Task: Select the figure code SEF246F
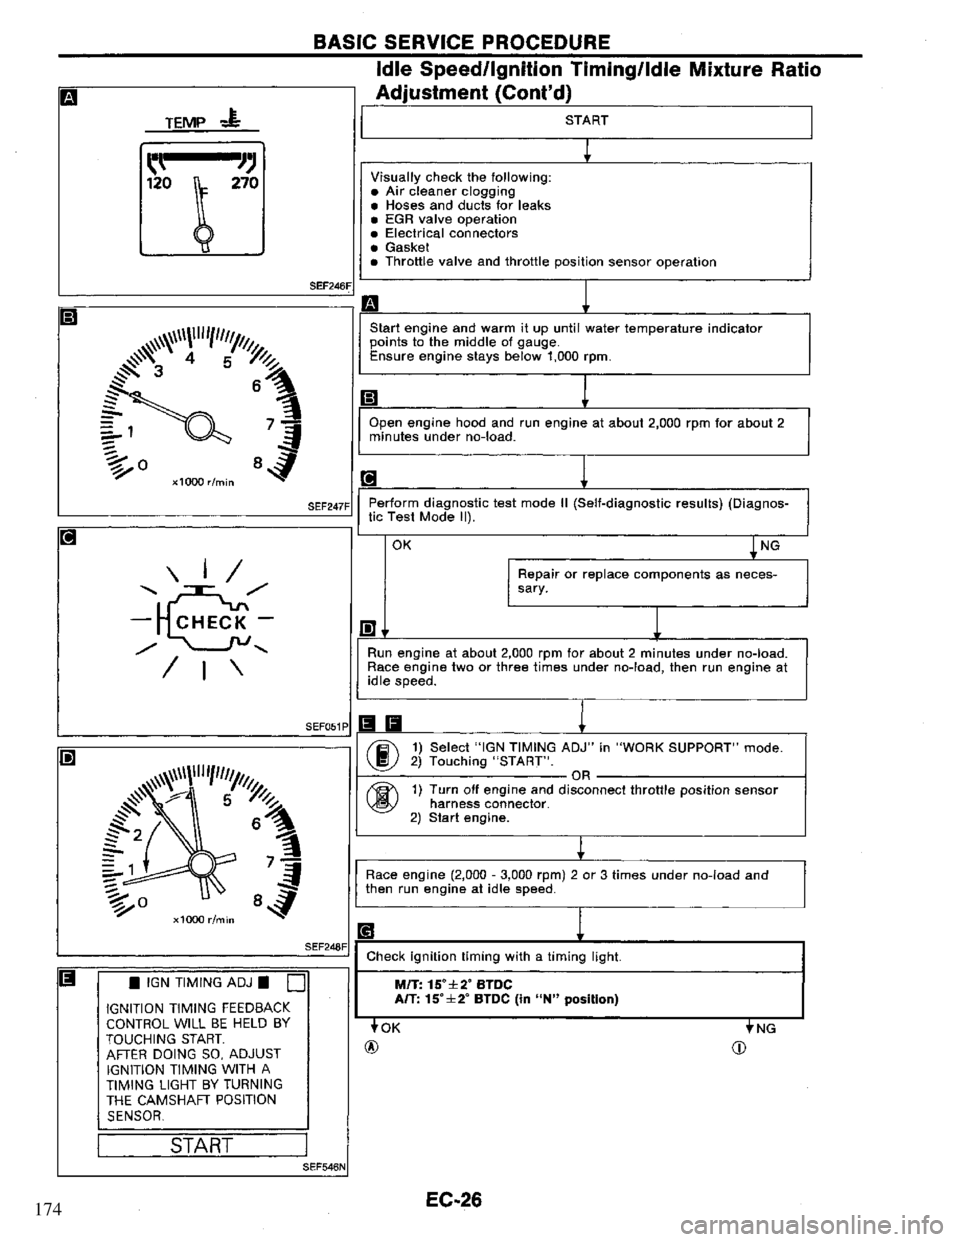tap(329, 286)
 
